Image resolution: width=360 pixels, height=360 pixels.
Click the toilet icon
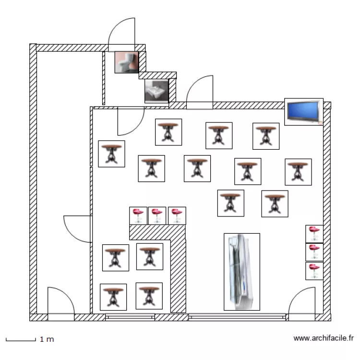click(127, 62)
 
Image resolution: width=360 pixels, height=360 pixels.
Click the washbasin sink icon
click(156, 91)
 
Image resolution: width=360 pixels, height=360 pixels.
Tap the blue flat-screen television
click(304, 112)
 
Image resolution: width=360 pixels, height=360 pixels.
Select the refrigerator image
click(242, 272)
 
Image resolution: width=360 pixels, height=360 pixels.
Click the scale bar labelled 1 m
click(21, 339)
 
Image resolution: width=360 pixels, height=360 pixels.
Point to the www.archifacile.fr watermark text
click(324, 338)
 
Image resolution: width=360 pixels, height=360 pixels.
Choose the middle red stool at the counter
click(157, 216)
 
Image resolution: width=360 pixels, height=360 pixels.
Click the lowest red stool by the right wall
click(314, 271)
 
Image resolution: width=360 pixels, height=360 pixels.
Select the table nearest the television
click(266, 136)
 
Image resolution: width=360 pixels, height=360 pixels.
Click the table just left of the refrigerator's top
click(231, 203)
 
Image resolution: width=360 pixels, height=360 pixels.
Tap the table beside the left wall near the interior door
click(111, 154)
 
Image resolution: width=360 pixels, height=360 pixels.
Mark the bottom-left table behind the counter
click(113, 297)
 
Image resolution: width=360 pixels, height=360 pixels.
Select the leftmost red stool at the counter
click(138, 216)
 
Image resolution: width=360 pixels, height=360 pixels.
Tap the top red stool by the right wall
click(314, 234)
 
